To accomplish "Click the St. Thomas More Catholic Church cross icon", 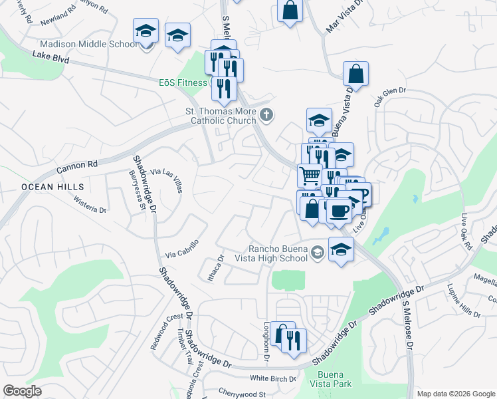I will pos(266,116).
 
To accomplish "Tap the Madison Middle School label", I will pos(88,44).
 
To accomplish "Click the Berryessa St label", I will pos(136,190).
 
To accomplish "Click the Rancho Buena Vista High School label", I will pos(278,253).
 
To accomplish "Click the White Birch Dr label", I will pos(272,378).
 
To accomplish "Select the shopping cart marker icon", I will pos(310,176).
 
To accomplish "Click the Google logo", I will pos(22,390).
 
